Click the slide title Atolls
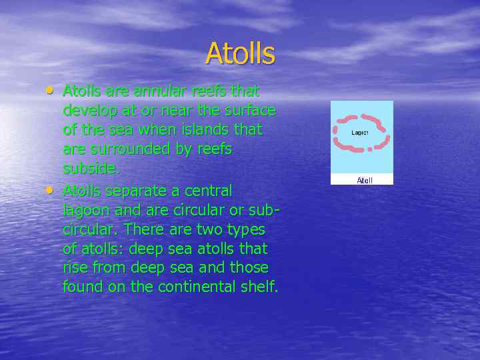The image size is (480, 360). coord(240,53)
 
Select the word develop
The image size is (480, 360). coord(91,110)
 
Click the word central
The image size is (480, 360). coord(207,191)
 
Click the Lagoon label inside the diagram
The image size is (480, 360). coord(360,133)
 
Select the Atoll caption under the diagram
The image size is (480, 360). coord(365,180)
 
